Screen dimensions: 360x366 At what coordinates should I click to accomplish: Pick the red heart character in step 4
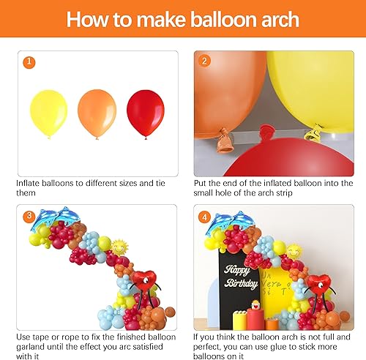pos(317,285)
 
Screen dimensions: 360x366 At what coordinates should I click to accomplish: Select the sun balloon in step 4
pos(294,251)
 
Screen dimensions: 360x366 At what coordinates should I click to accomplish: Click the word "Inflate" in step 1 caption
pos(28,183)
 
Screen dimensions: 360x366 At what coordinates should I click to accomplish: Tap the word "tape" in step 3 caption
pos(41,336)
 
